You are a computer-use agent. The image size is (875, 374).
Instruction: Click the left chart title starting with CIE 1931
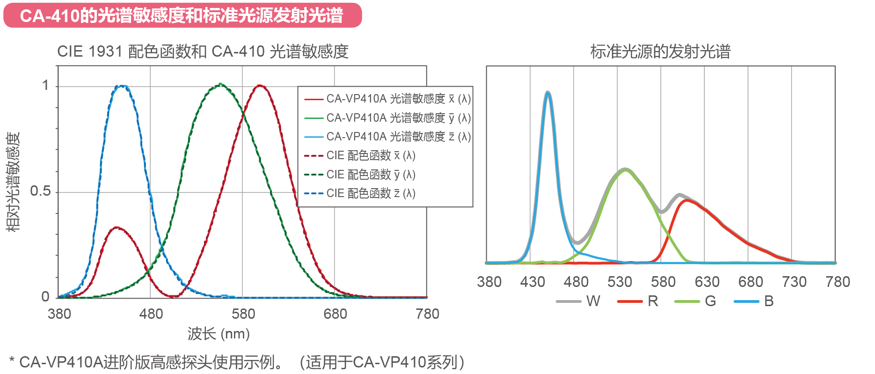tap(203, 51)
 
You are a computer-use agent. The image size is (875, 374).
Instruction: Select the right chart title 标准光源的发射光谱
tap(660, 51)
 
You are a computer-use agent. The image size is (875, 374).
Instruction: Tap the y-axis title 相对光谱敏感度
tap(13, 182)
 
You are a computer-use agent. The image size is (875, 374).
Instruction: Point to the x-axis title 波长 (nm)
tap(219, 334)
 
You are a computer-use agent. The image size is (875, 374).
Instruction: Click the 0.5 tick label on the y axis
tap(40, 191)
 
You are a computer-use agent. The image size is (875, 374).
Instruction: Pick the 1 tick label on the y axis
tap(45, 85)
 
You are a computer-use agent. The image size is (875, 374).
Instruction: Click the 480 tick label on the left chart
tap(151, 314)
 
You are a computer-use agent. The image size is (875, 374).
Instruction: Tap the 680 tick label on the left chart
tap(335, 314)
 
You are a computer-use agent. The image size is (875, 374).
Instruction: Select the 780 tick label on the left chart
tap(427, 314)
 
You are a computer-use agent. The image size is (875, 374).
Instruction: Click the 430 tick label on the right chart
tap(532, 282)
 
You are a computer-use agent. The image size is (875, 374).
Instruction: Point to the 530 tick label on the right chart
tap(620, 282)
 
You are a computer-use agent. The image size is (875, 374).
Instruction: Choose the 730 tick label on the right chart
tap(794, 282)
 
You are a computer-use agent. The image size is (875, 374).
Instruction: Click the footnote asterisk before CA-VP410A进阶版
tap(12, 361)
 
